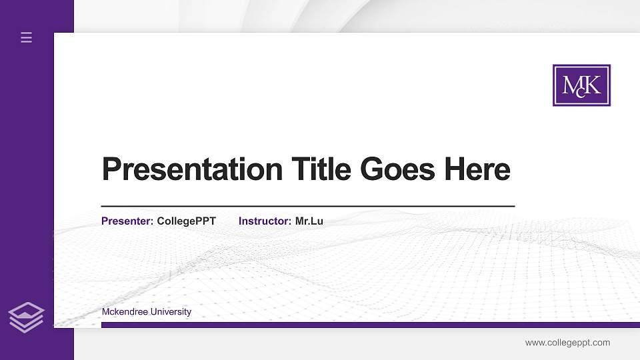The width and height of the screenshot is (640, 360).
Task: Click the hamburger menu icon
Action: pos(27,37)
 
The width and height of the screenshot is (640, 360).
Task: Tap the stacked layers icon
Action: pos(26,317)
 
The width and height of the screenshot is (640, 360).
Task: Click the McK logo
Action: pos(581,85)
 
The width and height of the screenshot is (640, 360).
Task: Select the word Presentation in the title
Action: pos(192,169)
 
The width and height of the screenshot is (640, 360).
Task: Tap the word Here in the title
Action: pos(477,169)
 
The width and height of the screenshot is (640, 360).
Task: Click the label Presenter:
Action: pos(127,221)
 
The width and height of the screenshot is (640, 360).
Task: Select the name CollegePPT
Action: pos(186,221)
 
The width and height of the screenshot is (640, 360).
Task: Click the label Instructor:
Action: pos(265,221)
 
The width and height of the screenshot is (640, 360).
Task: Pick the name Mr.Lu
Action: pos(309,221)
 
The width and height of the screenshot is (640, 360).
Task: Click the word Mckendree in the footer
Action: pos(125,311)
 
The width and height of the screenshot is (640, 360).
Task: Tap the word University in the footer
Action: pos(171,311)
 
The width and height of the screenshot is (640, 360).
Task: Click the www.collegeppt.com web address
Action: pos(567,343)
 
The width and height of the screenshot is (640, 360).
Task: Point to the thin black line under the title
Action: pos(307,207)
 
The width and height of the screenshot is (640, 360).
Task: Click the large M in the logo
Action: pos(571,85)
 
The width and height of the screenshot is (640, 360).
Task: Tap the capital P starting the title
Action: pos(111,169)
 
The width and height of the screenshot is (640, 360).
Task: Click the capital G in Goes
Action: pos(375,169)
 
